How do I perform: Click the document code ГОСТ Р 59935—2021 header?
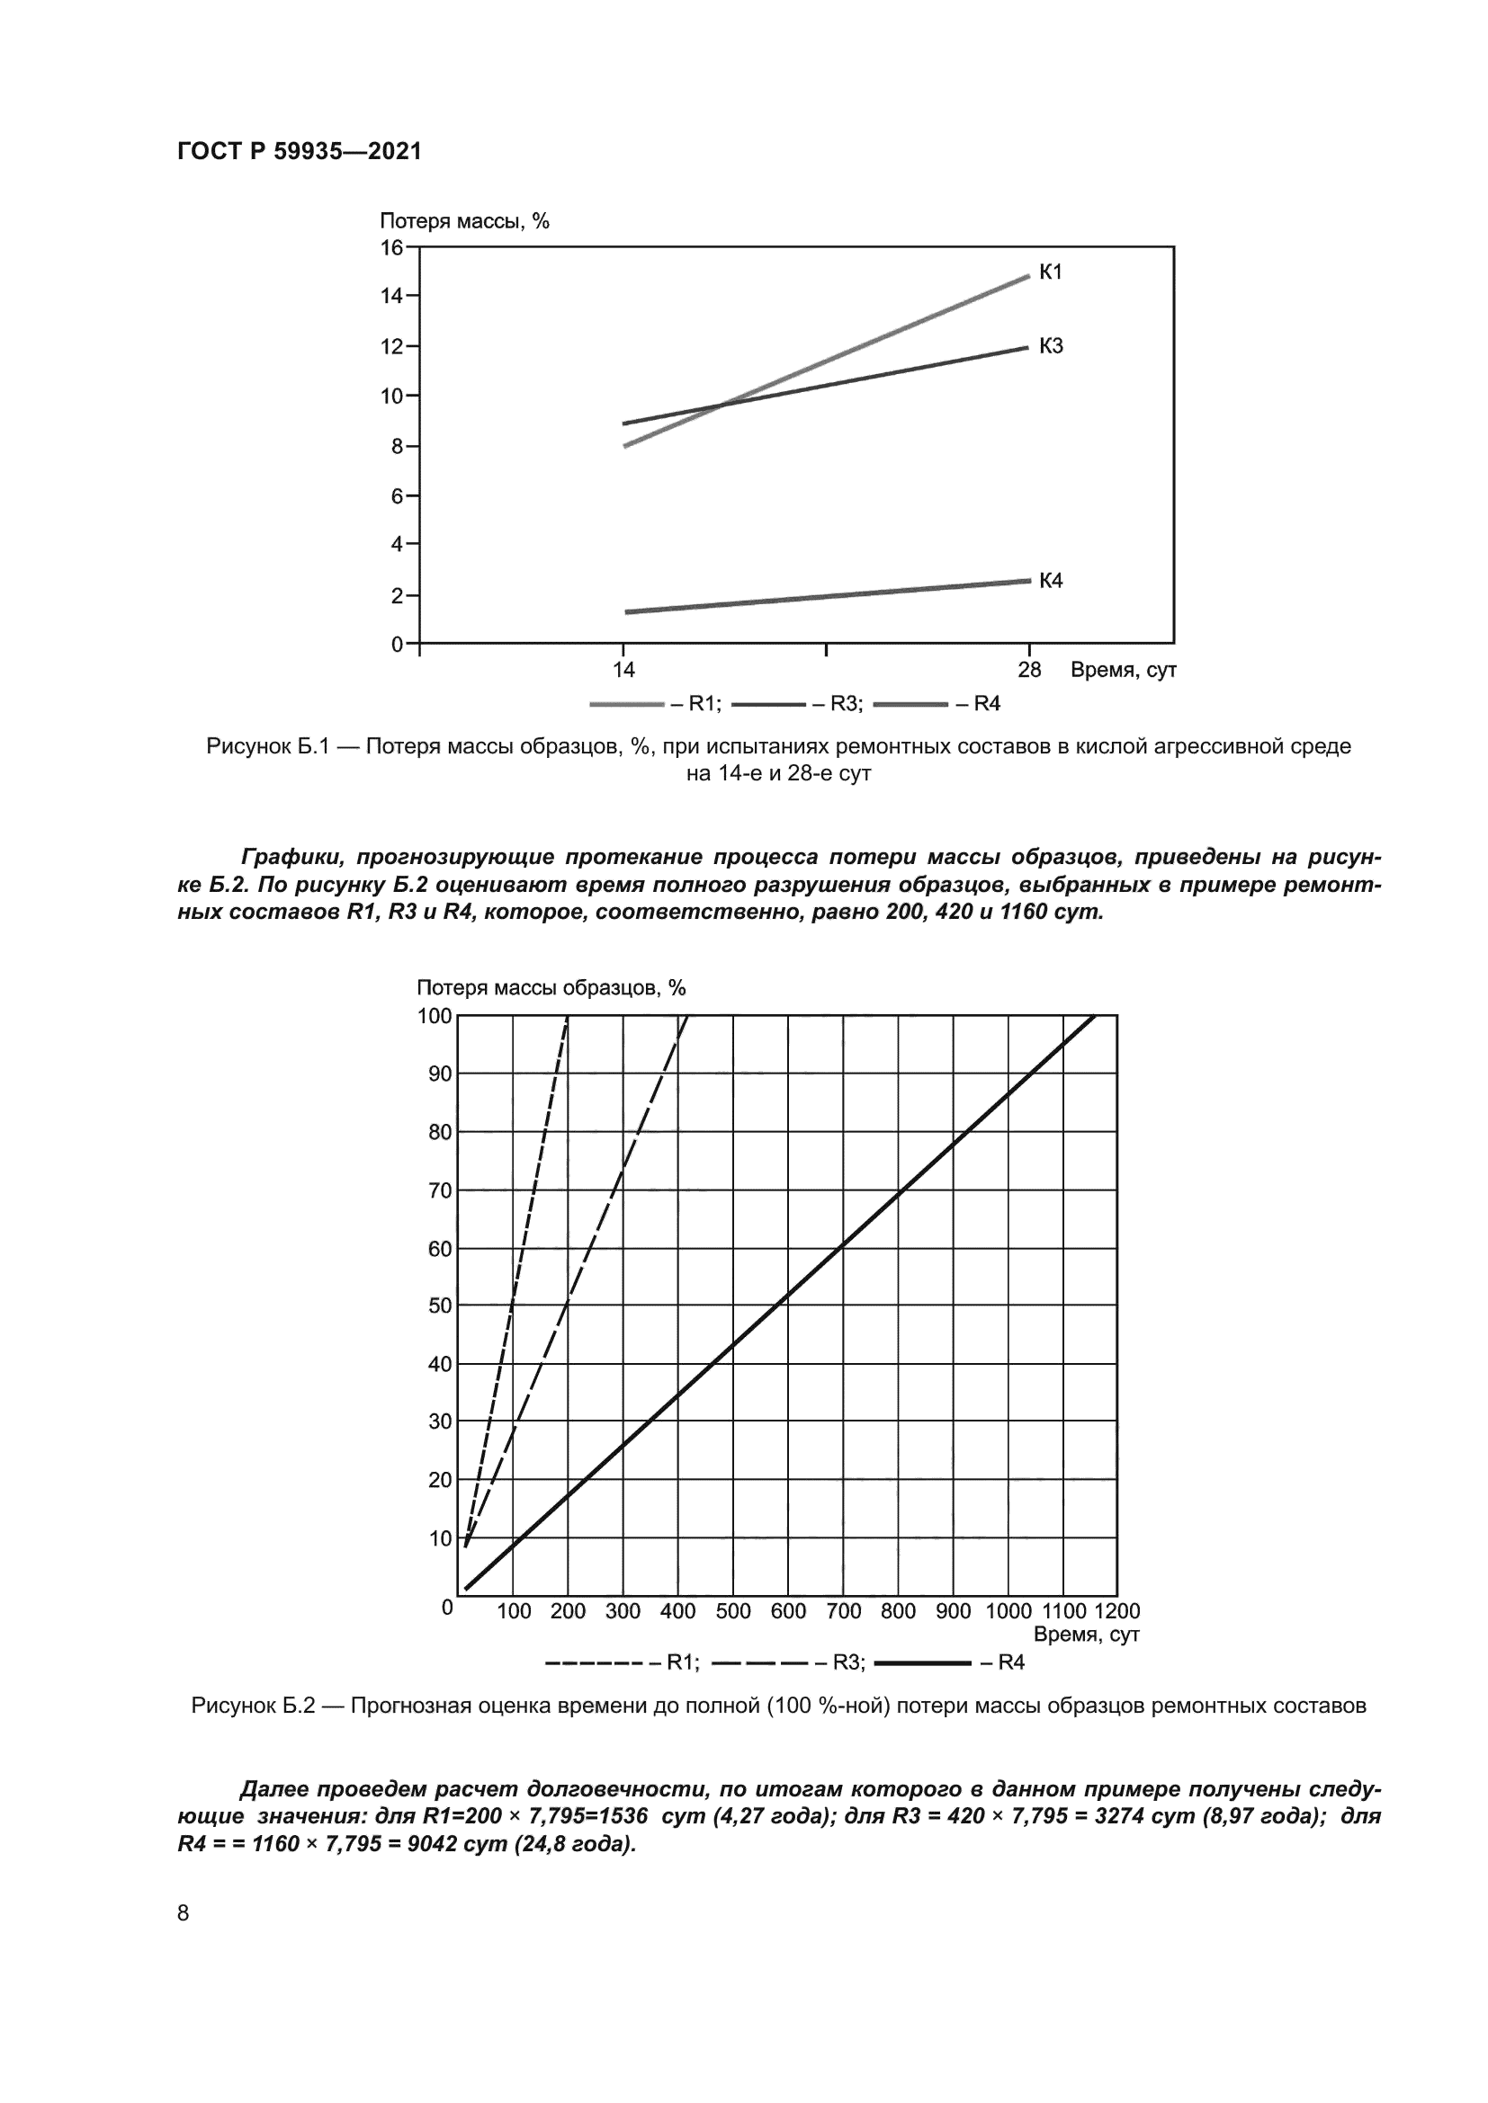[x=300, y=152]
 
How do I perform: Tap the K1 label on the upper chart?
[x=1050, y=272]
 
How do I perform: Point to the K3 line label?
[x=1050, y=346]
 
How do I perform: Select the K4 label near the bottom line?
[x=1050, y=581]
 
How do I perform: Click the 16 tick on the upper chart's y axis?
[x=391, y=247]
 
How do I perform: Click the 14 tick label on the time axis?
[x=623, y=671]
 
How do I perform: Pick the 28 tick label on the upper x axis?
[x=1029, y=671]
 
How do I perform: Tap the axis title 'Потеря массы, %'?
[x=463, y=221]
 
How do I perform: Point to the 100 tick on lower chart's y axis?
[x=435, y=1016]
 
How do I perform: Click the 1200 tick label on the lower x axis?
[x=1117, y=1611]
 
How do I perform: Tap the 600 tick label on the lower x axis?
[x=788, y=1611]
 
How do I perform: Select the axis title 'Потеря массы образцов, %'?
[x=551, y=987]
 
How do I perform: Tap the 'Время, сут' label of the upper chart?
[x=1124, y=671]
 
